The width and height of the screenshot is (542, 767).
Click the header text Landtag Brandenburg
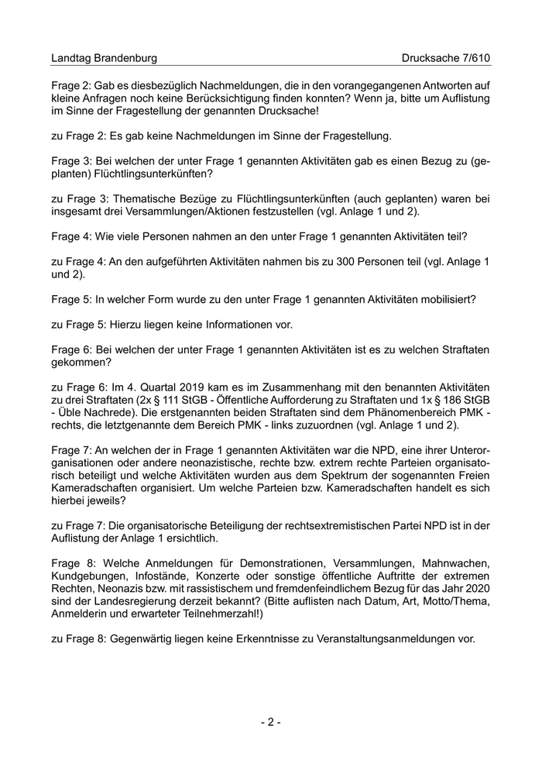pyautogui.click(x=104, y=58)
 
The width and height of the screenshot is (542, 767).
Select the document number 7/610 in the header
pyautogui.click(x=474, y=58)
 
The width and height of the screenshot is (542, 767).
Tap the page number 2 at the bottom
pyautogui.click(x=270, y=722)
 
